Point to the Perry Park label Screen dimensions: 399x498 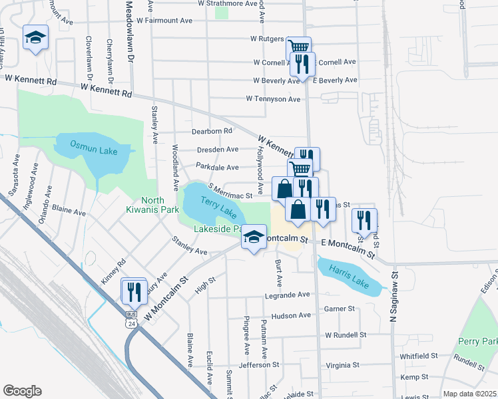tap(478, 342)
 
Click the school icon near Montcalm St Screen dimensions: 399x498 tap(253, 236)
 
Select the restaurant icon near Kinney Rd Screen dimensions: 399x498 tap(134, 291)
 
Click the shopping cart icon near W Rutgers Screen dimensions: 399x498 tap(299, 47)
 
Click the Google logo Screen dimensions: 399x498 tap(22, 390)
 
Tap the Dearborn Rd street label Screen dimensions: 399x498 tap(212, 131)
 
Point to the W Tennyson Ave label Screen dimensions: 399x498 tap(273, 99)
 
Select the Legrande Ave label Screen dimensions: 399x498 tap(287, 295)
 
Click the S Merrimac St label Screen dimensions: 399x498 tap(230, 196)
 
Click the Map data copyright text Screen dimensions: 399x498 tap(470, 394)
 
